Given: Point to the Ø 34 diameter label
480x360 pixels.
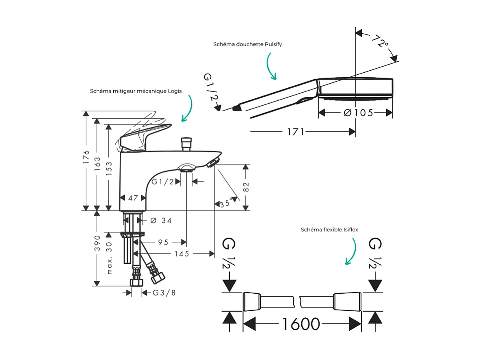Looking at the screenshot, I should [x=161, y=221].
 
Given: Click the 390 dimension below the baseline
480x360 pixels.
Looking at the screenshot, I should [x=97, y=243].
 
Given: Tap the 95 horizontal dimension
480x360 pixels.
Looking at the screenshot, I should [x=163, y=243].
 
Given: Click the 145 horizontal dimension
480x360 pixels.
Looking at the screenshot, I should [x=182, y=254].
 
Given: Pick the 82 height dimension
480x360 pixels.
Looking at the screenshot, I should [x=246, y=187].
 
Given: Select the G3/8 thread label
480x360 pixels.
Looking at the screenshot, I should [x=164, y=293].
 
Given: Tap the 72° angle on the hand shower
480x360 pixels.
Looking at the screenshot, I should [x=380, y=41].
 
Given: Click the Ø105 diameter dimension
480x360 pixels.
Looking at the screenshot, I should [x=358, y=113].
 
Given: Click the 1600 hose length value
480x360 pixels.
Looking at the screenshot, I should [x=301, y=324].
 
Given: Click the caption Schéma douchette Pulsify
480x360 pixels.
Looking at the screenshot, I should [x=248, y=44].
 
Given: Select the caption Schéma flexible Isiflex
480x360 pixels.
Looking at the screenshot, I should [x=329, y=230].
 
